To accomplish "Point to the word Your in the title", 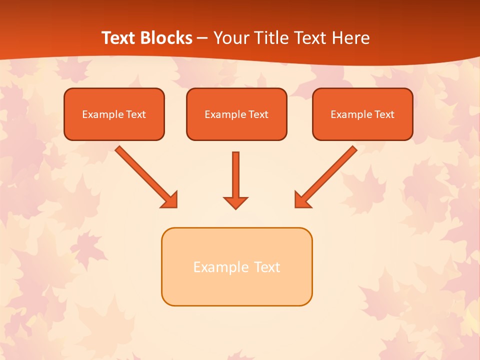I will click(x=231, y=38).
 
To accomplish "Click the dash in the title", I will click(x=202, y=38).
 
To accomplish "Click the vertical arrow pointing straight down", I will click(x=235, y=175).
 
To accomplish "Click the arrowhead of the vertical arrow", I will click(x=235, y=202).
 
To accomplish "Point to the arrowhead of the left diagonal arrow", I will click(x=170, y=200).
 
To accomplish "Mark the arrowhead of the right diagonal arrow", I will click(x=302, y=200).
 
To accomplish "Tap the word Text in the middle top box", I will click(x=258, y=114).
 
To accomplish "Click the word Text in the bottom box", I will click(x=266, y=267).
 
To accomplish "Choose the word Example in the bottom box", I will click(x=221, y=267).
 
